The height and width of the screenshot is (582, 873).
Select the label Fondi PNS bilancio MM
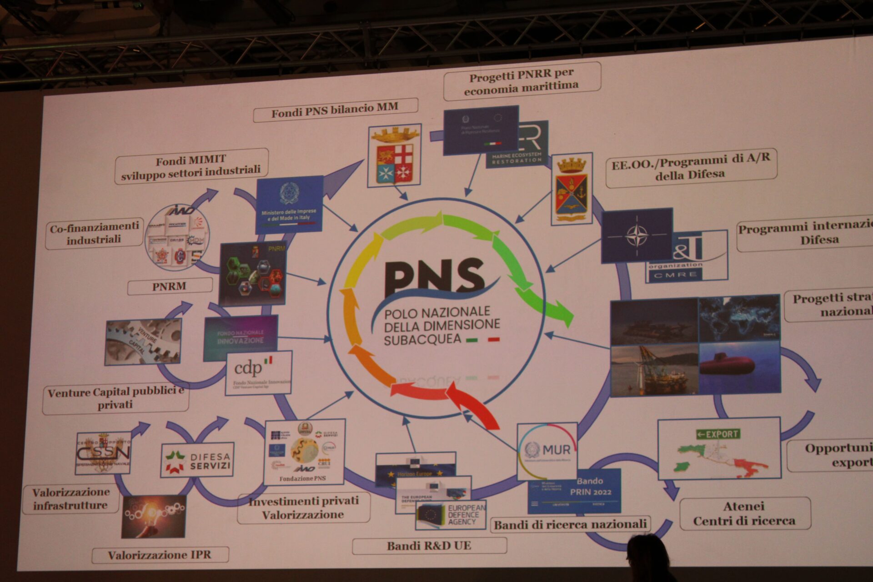pyautogui.click(x=335, y=110)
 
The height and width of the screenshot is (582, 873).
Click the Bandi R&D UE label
pyautogui.click(x=429, y=546)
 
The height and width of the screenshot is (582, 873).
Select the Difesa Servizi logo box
pyautogui.click(x=197, y=460)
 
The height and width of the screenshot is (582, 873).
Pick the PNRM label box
pyautogui.click(x=169, y=286)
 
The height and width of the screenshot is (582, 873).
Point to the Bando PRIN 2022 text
pyautogui.click(x=590, y=487)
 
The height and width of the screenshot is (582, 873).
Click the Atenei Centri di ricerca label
pyautogui.click(x=744, y=513)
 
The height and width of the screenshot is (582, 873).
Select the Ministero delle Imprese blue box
pyautogui.click(x=289, y=205)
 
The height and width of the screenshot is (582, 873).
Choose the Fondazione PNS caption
pyautogui.click(x=303, y=478)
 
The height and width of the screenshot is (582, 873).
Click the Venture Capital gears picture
pyautogui.click(x=143, y=341)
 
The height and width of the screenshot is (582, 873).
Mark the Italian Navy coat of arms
pyautogui.click(x=394, y=156)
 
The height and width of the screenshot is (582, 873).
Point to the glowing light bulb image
pyautogui.click(x=153, y=516)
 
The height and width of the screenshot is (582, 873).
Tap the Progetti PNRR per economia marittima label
pyautogui.click(x=521, y=81)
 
